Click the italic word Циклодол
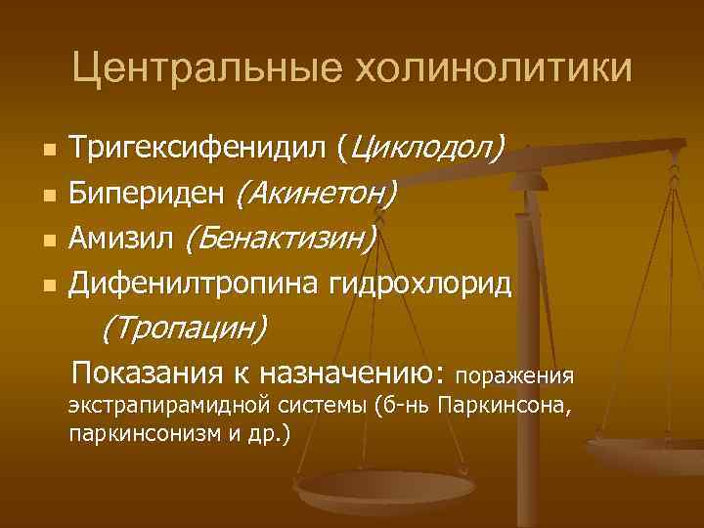(427, 151)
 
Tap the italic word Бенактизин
(281, 239)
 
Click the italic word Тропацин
(184, 329)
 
